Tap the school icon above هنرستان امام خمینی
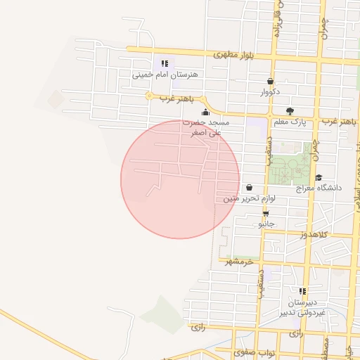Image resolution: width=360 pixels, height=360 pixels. point(166,63)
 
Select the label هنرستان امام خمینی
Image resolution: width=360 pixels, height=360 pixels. point(166,73)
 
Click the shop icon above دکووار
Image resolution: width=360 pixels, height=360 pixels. point(271,82)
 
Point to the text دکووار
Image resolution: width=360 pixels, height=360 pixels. point(271,91)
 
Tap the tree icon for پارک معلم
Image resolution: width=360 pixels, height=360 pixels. point(290,111)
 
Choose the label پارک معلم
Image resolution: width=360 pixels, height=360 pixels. point(290,122)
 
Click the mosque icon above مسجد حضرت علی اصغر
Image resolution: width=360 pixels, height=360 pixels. point(205,112)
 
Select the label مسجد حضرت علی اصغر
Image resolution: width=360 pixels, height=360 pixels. point(206,127)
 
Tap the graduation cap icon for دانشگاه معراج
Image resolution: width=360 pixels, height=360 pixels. point(319,178)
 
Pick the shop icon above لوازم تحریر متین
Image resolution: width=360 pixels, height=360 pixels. point(250,188)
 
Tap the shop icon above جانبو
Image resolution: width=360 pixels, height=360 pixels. point(265,213)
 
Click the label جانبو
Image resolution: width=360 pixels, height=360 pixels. point(265,223)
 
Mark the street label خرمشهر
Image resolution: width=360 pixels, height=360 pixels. point(239,262)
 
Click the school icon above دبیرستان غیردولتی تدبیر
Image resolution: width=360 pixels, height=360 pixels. point(302,291)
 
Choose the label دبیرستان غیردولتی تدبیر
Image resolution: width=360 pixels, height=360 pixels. point(302,306)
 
